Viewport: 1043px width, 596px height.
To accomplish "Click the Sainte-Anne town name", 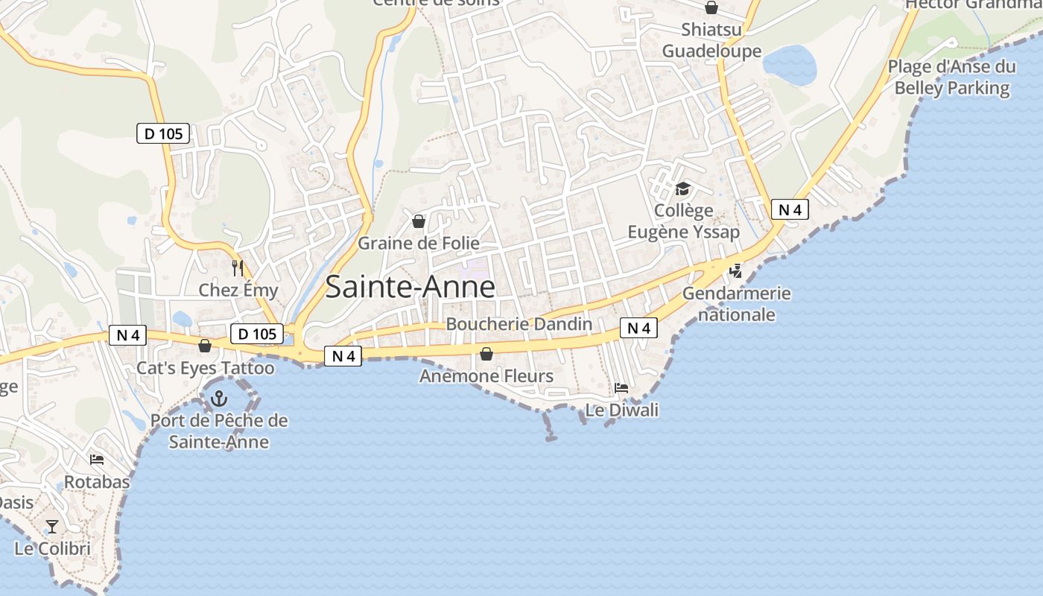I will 410,287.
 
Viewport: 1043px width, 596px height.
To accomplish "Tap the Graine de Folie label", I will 418,244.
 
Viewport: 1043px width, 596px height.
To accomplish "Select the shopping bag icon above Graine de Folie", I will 419,221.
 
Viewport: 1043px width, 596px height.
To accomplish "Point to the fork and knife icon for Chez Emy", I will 238,268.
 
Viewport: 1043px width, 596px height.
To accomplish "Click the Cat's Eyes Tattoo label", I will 205,368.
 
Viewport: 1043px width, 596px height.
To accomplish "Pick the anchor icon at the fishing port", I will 218,399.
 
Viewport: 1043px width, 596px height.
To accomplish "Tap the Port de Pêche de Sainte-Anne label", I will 219,431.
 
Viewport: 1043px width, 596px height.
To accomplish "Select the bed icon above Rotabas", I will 96,460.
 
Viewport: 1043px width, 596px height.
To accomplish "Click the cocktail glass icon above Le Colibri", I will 51,527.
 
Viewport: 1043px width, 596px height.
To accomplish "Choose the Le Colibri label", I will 52,549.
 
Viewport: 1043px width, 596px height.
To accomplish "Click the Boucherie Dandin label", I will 519,324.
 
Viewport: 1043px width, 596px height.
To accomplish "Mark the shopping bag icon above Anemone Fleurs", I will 486,354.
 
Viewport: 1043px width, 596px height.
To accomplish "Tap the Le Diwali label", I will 621,410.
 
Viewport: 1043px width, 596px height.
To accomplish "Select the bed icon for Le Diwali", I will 621,387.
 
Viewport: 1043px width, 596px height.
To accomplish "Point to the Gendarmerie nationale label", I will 736,304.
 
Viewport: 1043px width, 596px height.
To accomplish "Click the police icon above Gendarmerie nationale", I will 736,271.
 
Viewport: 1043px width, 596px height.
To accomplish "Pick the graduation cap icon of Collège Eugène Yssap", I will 683,188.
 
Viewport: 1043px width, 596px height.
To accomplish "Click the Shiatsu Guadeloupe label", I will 711,40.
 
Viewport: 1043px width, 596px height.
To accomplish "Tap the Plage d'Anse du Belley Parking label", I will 951,77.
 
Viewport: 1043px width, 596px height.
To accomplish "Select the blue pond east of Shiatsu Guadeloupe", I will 790,65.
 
